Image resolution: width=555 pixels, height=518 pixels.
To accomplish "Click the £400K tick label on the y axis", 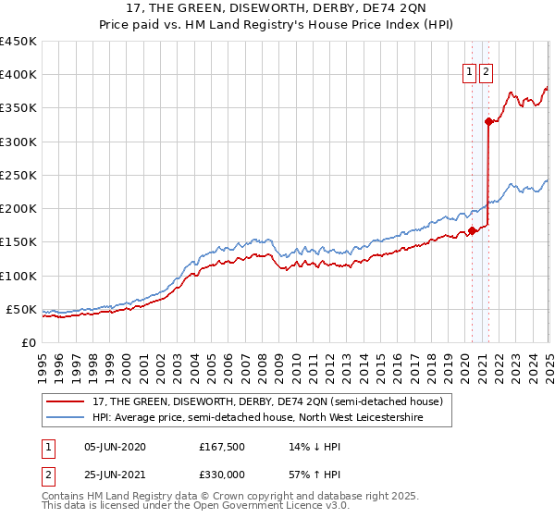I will coord(18,75).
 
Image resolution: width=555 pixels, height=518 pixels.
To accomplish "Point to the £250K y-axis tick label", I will coord(18,175).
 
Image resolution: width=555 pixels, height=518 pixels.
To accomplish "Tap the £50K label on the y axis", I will coord(21,309).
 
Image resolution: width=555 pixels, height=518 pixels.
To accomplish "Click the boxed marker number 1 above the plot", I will coord(469,74).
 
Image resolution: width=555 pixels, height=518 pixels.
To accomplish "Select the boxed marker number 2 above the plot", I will coord(486,74).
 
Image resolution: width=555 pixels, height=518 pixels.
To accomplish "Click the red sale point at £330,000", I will coord(488,120).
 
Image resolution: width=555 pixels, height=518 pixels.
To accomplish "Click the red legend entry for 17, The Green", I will coord(268,401).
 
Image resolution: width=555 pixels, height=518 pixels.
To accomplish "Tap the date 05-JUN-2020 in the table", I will coord(115,447).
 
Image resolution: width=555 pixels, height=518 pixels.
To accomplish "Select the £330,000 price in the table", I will coord(222,474).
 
